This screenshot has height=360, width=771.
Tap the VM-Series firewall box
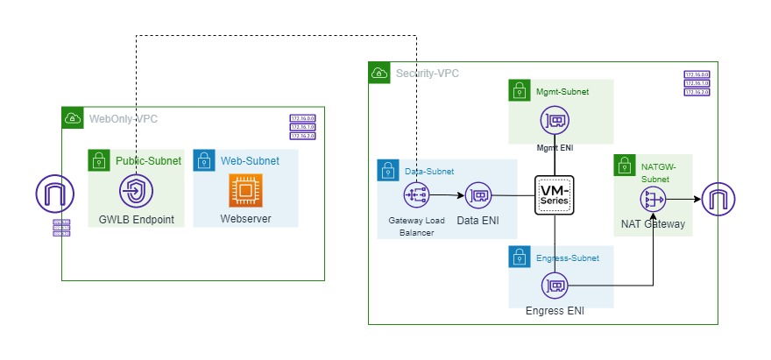pyautogui.click(x=554, y=194)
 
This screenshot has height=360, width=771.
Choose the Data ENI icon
pyautogui.click(x=478, y=195)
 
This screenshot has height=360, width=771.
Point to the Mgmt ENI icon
pyautogui.click(x=554, y=121)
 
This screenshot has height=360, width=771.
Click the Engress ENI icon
pyautogui.click(x=554, y=285)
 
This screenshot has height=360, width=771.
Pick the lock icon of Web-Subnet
pyautogui.click(x=203, y=160)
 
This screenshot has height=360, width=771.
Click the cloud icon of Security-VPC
pyautogui.click(x=379, y=73)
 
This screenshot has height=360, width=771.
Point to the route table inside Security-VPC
pyautogui.click(x=697, y=83)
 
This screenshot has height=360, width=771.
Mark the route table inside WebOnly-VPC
pyautogui.click(x=302, y=127)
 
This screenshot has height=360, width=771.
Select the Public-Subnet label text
pyautogui.click(x=148, y=161)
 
